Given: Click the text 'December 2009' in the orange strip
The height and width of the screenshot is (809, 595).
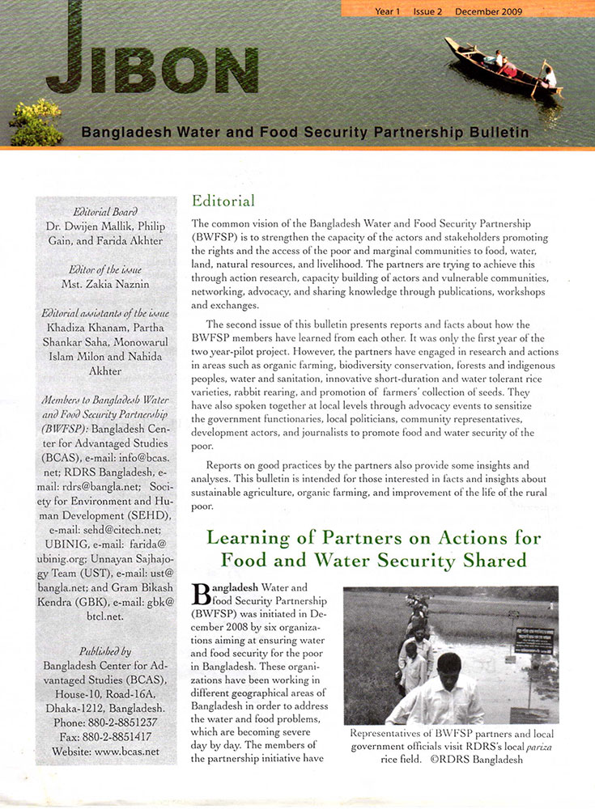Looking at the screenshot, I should click(x=488, y=12).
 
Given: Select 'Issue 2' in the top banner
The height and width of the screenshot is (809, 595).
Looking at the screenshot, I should click(x=429, y=12).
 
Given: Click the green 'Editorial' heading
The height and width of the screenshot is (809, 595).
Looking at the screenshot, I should click(x=223, y=201).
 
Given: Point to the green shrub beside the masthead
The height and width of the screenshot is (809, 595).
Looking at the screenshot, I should click(x=36, y=121).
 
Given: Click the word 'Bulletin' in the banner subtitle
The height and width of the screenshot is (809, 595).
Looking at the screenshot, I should click(x=491, y=132).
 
